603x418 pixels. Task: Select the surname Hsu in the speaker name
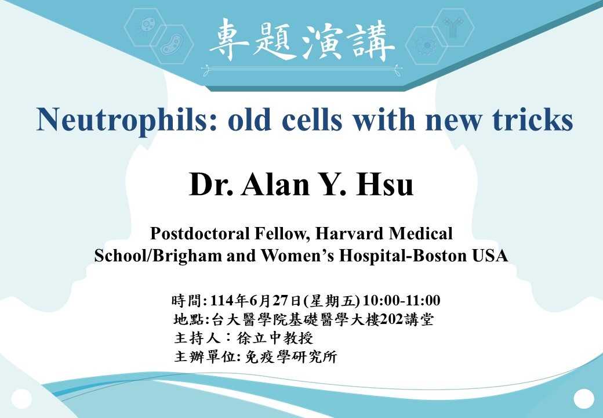386,183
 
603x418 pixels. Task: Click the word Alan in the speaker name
275,183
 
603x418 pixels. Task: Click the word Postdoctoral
199,233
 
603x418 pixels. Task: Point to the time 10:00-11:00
401,300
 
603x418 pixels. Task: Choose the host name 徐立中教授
275,338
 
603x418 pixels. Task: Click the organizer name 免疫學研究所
291,357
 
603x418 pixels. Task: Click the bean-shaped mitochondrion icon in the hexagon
172,44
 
